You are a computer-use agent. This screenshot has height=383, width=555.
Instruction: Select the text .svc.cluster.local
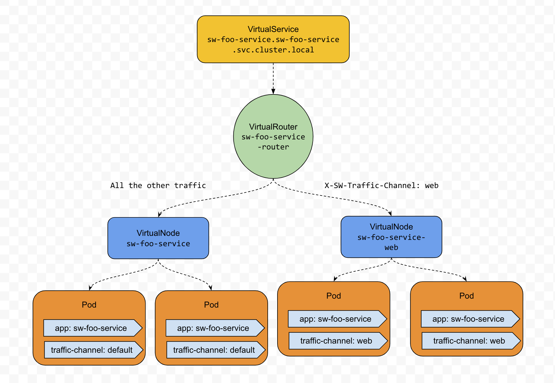pyautogui.click(x=273, y=50)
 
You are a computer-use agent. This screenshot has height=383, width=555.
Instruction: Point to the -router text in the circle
pyautogui.click(x=273, y=147)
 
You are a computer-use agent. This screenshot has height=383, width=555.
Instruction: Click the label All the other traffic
pyautogui.click(x=158, y=185)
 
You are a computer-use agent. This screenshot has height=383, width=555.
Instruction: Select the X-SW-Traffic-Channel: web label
pyautogui.click(x=381, y=185)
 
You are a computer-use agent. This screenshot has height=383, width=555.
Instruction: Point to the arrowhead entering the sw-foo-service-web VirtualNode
pyautogui.click(x=390, y=213)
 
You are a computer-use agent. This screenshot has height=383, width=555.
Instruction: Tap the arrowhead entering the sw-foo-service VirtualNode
pyautogui.click(x=159, y=215)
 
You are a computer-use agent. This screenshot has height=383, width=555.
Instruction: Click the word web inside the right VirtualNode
pyautogui.click(x=391, y=247)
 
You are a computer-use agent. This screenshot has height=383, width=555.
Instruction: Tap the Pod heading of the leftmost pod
pyautogui.click(x=89, y=305)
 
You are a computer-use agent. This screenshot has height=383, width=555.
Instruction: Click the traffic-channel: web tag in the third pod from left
pyautogui.click(x=337, y=341)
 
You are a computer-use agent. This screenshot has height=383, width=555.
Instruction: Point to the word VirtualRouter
pyautogui.click(x=273, y=127)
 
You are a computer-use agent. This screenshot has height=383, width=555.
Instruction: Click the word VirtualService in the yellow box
pyautogui.click(x=273, y=29)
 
